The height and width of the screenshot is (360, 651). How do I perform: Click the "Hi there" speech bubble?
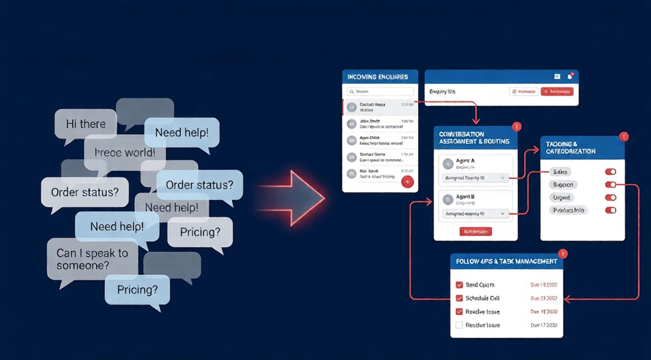86,124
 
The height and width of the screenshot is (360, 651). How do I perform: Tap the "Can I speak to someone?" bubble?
92,259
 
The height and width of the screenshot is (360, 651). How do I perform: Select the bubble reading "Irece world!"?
125,153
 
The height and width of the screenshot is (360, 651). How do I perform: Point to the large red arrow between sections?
297,198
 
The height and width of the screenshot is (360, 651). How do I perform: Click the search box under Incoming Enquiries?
381,91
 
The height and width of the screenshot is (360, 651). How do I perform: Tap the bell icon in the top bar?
570,77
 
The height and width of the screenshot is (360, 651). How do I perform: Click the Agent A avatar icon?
448,164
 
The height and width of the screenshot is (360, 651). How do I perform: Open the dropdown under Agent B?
475,214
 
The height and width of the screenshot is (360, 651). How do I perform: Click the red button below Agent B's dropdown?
475,232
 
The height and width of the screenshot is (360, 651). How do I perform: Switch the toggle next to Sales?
610,172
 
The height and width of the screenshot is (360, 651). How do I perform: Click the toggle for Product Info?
610,210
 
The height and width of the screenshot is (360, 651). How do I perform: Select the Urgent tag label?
561,197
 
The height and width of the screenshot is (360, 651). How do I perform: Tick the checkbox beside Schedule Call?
459,298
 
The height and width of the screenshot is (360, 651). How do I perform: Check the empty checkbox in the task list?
459,325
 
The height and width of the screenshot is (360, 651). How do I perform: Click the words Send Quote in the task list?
480,285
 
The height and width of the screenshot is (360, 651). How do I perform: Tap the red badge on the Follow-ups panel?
562,254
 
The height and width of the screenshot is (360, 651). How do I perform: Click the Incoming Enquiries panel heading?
378,77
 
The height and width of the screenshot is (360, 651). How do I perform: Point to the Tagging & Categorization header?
582,147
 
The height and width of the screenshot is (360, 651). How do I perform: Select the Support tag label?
562,184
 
